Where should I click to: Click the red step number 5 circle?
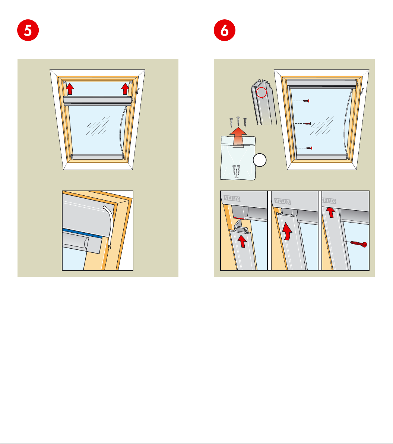pyautogui.click(x=28, y=30)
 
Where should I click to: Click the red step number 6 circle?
pyautogui.click(x=224, y=30)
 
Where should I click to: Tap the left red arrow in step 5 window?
pyautogui.click(x=70, y=89)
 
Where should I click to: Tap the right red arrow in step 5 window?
pyautogui.click(x=125, y=89)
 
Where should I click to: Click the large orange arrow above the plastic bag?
pyautogui.click(x=238, y=137)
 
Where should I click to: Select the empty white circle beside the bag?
pyautogui.click(x=259, y=160)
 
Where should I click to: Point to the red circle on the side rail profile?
pyautogui.click(x=262, y=92)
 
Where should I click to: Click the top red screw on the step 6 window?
pyautogui.click(x=306, y=101)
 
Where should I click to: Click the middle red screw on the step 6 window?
pyautogui.click(x=307, y=123)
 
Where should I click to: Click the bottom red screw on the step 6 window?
pyautogui.click(x=309, y=148)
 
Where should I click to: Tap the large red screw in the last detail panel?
pyautogui.click(x=359, y=244)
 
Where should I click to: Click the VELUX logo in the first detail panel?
pyautogui.click(x=232, y=198)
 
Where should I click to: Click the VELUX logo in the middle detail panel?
pyautogui.click(x=282, y=201)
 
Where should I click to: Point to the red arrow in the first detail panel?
pyautogui.click(x=242, y=241)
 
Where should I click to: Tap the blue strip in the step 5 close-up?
pyautogui.click(x=82, y=233)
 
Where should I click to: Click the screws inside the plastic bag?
pyautogui.click(x=237, y=171)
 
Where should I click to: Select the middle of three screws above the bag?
pyautogui.click(x=238, y=121)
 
